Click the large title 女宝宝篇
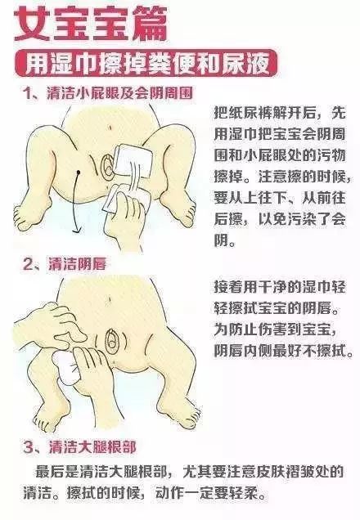[91, 24]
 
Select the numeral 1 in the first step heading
[27, 93]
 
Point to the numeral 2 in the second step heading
[28, 264]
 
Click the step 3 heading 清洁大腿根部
[92, 447]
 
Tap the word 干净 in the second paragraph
[265, 287]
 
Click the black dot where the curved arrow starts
[79, 172]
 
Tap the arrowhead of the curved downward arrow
[77, 231]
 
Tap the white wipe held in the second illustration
[65, 368]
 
